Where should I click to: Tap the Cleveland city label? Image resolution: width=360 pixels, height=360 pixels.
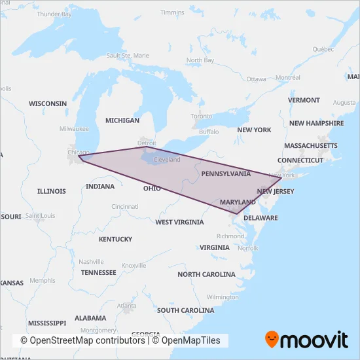166,160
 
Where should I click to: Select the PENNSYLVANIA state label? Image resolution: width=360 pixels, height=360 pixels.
226,174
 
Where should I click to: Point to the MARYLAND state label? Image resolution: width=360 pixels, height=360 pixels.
238,202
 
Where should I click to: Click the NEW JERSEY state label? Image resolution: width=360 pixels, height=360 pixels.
276,191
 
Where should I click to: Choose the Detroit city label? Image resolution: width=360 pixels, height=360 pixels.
147,142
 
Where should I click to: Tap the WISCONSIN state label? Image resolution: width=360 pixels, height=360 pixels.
48,103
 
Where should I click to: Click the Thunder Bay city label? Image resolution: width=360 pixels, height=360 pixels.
54,14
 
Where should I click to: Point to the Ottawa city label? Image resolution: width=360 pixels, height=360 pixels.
256,79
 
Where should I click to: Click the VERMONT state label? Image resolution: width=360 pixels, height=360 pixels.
304,100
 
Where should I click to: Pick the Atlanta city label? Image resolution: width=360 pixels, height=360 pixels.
127,306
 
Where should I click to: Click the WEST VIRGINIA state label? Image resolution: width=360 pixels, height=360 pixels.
179,222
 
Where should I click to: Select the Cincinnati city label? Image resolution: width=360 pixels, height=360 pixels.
124,206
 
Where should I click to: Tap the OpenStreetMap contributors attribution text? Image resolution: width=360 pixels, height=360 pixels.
82,340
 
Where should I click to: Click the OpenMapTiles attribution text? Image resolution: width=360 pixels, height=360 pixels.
191,340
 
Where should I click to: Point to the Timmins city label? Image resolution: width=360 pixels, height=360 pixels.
172,12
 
